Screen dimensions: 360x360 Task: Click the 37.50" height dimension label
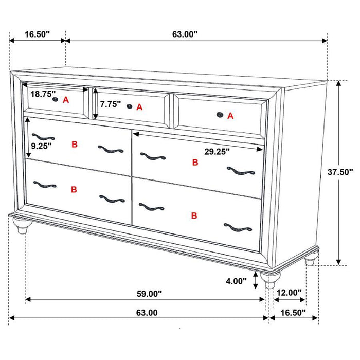[x=340, y=173]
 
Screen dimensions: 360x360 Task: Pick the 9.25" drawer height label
[x=40, y=146]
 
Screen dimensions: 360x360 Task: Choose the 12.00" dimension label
[x=289, y=293]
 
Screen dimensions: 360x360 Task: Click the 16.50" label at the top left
[x=37, y=34]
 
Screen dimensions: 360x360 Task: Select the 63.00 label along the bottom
[x=147, y=312]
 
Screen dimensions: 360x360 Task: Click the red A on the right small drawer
[x=230, y=116]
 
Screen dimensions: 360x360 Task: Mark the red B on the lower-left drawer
[x=74, y=189]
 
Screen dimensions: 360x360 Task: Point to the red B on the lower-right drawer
[x=194, y=215]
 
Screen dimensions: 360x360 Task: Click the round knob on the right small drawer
[x=220, y=115]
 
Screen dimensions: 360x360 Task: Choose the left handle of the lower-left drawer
[x=43, y=184]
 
